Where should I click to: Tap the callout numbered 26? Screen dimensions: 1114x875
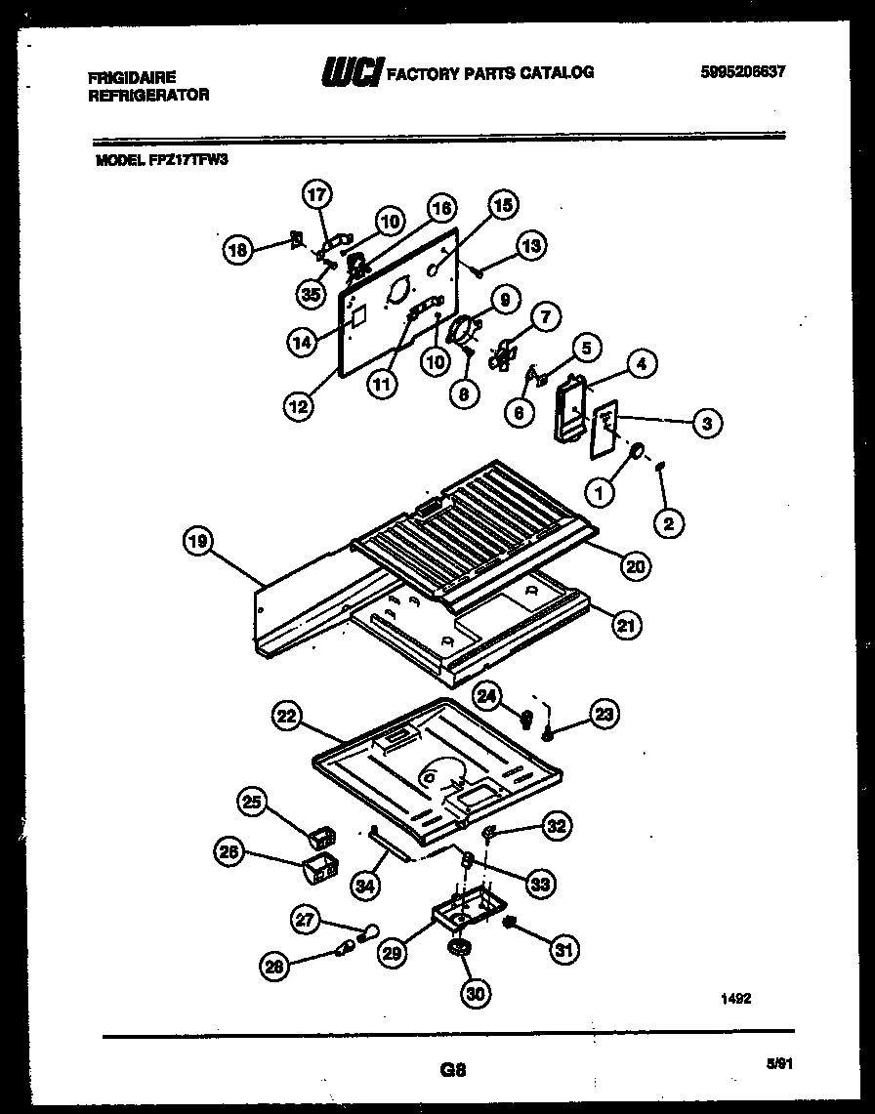pos(229,852)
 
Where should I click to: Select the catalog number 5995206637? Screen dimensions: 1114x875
pos(743,72)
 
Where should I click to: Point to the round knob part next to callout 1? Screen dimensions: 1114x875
pos(636,452)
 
